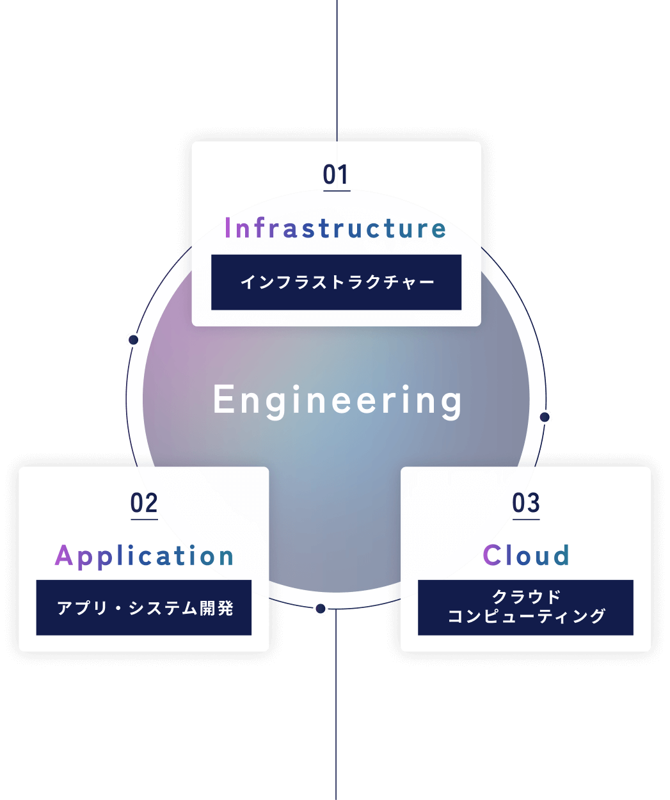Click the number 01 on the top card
point(336,175)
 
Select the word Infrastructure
point(335,228)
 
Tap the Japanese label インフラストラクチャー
point(337,282)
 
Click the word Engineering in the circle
point(337,401)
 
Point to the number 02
point(144,504)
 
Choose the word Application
point(145,556)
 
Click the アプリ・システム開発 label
point(145,608)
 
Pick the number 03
point(526,504)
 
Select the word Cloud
point(526,556)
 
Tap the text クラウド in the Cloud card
point(526,597)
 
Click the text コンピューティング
point(526,616)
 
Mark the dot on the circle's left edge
point(133,339)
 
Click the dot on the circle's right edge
point(545,417)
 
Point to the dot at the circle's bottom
point(321,609)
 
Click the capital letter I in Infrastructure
point(228,228)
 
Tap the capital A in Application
point(63,556)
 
